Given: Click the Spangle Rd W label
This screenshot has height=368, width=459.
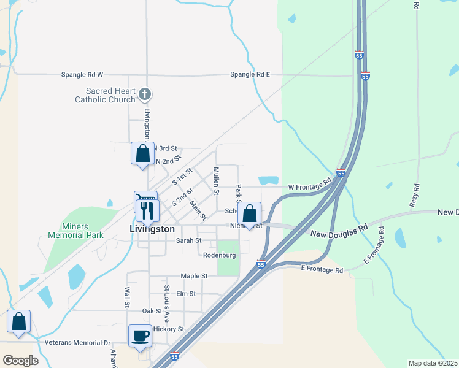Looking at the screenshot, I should (82, 75).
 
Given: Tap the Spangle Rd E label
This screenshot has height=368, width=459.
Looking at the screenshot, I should (250, 75).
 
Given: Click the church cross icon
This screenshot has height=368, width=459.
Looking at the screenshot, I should (145, 94).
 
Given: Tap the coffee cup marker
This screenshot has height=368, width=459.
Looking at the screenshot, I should (140, 337).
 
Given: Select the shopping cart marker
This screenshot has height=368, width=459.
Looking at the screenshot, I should (145, 200).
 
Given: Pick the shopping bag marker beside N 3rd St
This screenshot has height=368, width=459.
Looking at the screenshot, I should (142, 153).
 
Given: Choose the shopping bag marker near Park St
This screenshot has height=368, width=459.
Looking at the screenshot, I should (249, 214).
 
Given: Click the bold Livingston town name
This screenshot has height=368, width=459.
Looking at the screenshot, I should (153, 228).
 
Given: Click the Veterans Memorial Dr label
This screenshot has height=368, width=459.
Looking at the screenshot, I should (77, 343).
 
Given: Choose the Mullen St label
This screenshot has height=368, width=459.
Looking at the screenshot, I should (216, 180).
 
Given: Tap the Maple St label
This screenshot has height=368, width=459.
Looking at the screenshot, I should (194, 277).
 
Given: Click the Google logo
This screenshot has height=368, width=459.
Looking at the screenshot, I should (20, 360).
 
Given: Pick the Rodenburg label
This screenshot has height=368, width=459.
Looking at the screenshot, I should (219, 255).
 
